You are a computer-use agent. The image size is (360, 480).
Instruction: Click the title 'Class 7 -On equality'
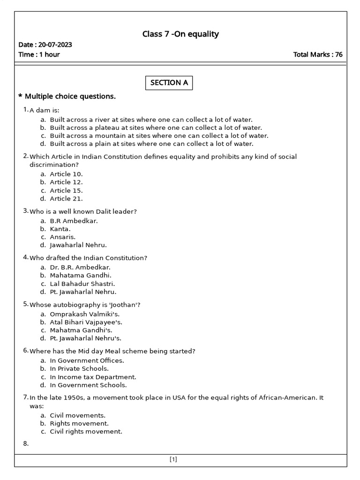(180, 34)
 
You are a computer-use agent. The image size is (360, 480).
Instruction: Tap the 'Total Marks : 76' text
(317, 54)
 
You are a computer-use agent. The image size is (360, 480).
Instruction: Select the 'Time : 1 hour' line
(39, 54)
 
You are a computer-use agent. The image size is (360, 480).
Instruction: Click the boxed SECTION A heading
(169, 83)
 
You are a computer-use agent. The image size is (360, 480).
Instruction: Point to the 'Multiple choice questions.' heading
(70, 97)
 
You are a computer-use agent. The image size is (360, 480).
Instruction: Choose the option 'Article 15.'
(66, 190)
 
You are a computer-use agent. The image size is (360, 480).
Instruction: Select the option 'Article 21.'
(66, 199)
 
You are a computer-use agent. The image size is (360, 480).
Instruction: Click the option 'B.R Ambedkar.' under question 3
(74, 220)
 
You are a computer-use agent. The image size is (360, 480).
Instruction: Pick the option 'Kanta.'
(60, 229)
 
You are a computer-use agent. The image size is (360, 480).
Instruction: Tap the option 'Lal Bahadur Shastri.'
(82, 284)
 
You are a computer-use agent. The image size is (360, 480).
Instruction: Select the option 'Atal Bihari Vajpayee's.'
(86, 322)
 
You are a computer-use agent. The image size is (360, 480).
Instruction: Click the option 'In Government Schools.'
(88, 385)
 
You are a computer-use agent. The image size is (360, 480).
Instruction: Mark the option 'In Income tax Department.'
(93, 377)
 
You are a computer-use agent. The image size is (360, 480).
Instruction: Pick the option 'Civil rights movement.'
(86, 432)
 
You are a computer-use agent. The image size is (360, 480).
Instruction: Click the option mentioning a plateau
(156, 127)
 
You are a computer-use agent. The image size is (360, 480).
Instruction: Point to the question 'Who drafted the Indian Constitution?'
(88, 258)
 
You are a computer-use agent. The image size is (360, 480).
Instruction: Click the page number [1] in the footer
(173, 459)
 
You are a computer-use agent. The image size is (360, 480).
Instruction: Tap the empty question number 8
(26, 444)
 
